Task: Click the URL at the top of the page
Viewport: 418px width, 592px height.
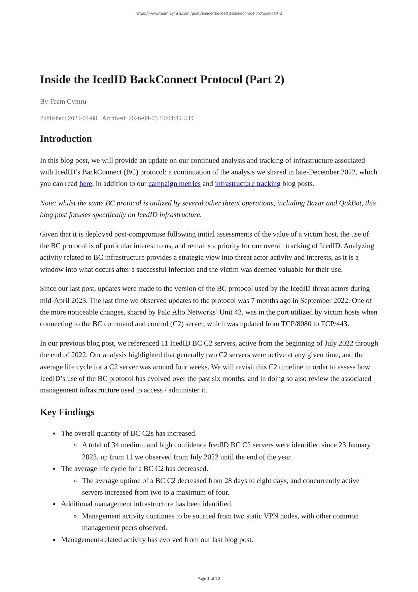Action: point(209,13)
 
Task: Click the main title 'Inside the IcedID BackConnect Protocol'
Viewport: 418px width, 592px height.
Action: point(162,80)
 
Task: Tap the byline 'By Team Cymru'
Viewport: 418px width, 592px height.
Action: point(63,101)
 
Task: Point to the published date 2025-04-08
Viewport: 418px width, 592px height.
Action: point(82,118)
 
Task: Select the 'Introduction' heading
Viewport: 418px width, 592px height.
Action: point(66,139)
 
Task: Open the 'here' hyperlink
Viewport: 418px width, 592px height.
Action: point(85,184)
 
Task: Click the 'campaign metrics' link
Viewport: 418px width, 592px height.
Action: point(174,184)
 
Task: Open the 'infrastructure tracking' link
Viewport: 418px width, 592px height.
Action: point(247,184)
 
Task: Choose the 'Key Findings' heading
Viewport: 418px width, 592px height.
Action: point(67,412)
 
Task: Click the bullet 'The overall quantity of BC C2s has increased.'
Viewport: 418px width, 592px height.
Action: point(129,433)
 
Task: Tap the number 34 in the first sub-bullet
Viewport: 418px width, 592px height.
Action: point(115,445)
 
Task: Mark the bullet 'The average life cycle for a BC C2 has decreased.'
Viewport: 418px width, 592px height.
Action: point(134,469)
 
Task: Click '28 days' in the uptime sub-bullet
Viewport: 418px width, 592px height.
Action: point(218,481)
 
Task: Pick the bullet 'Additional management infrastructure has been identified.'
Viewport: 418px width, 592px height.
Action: point(146,504)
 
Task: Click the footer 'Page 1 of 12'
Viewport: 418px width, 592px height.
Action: point(209,579)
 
